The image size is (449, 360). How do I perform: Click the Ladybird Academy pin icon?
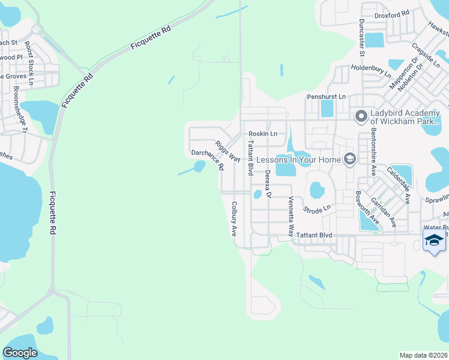pos(361,116)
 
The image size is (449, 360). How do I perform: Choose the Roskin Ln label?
pos(263,134)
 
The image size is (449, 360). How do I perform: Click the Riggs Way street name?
pos(228,151)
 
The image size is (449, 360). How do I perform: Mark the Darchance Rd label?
pos(208,159)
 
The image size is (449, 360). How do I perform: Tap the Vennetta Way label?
pos(291,217)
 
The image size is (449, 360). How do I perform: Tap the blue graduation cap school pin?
pos(434,241)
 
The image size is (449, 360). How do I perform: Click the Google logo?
pos(20,352)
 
